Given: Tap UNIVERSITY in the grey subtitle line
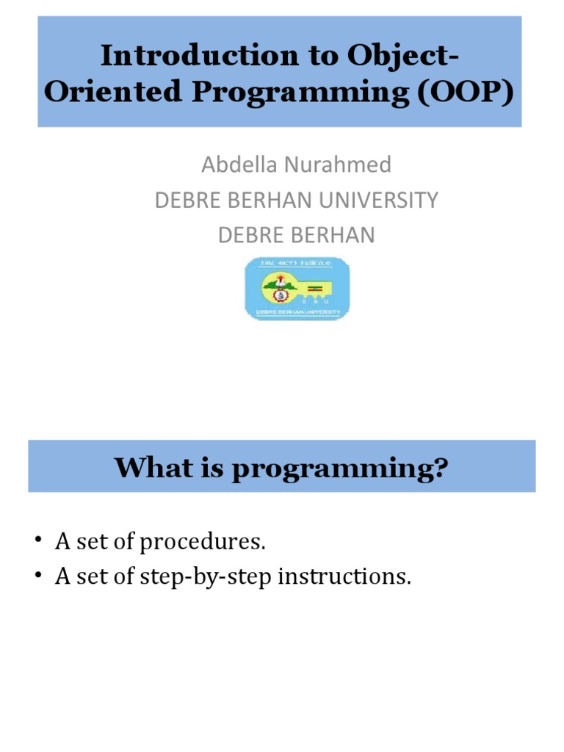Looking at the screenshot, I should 382,200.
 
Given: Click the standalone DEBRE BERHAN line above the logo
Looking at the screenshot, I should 297,235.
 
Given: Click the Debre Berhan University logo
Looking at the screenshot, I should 297,289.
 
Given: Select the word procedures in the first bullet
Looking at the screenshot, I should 201,543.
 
